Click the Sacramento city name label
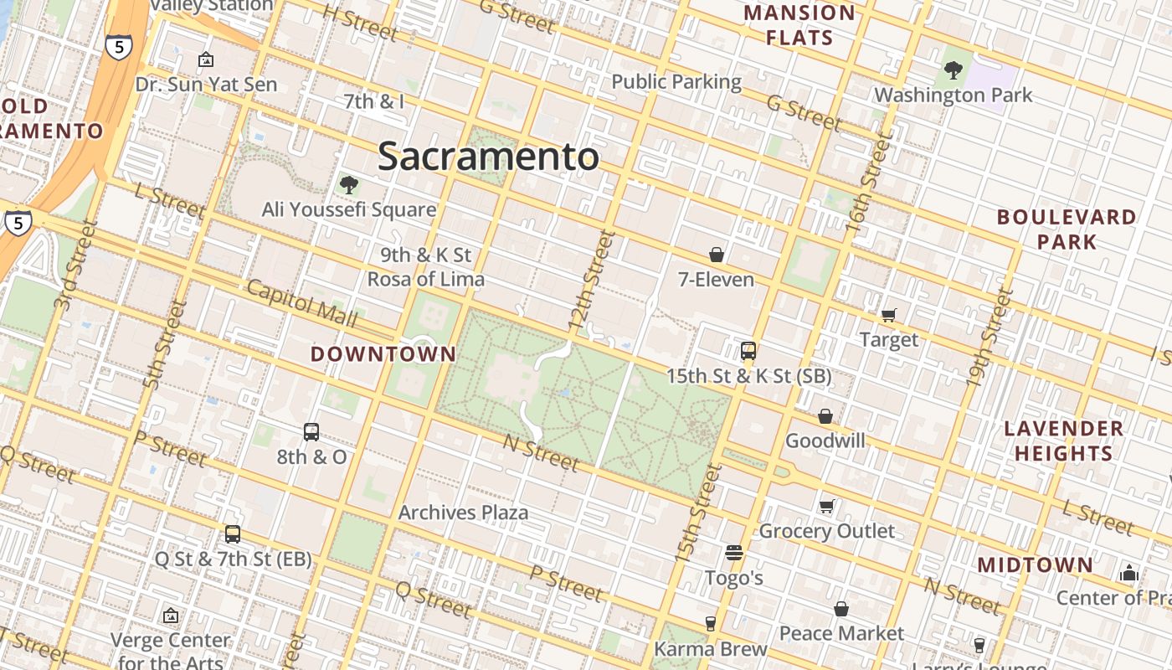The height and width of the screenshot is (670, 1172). pos(488,157)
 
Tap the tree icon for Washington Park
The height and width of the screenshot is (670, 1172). pos(953,70)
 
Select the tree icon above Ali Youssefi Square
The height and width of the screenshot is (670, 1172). pos(349,184)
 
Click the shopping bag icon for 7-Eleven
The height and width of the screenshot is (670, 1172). pos(717,255)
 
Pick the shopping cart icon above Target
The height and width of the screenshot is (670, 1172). pos(889,315)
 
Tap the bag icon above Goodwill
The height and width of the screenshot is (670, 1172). pos(825,416)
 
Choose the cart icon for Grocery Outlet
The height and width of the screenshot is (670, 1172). pos(827,506)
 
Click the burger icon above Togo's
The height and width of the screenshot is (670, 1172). pos(734,553)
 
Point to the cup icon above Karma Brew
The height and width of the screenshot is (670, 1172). pos(711,623)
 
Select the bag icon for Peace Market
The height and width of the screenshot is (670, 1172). pos(841,609)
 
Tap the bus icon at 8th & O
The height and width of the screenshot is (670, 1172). pos(311,432)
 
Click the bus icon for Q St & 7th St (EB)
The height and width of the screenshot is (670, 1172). pos(233,534)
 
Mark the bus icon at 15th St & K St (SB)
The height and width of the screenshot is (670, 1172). pos(748,351)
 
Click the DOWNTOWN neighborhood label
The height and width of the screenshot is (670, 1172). pos(383,354)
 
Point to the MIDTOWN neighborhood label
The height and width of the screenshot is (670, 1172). pos(1035,565)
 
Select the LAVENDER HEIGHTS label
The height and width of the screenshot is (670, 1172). pos(1063,441)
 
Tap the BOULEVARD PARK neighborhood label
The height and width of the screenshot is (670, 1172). pos(1067,229)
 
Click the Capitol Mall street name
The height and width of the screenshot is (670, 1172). pos(302,304)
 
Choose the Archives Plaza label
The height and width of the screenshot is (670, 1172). pos(463,513)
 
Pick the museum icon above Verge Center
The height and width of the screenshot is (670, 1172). pos(171,616)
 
